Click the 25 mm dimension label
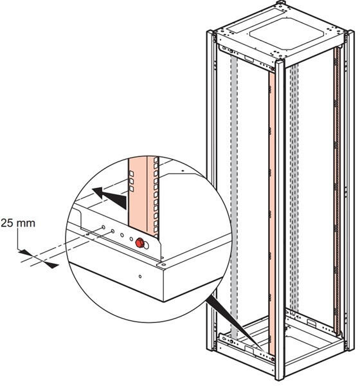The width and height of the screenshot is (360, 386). tap(18, 223)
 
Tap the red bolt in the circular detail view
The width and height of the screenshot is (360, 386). tap(139, 243)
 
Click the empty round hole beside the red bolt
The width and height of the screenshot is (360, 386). tap(147, 245)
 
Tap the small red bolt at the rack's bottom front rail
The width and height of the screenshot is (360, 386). tap(273, 359)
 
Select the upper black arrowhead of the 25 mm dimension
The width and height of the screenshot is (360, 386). tap(25, 252)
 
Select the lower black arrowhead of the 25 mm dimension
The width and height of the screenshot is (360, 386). tap(51, 265)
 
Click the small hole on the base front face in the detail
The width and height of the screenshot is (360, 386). tap(140, 277)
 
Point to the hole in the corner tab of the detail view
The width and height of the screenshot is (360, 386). tap(163, 264)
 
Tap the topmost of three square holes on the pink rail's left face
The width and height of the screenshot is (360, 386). tap(131, 174)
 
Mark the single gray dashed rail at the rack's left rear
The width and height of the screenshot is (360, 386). tap(234, 197)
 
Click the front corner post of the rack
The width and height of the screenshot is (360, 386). tap(280, 219)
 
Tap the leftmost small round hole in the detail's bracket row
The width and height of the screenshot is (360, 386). tap(104, 226)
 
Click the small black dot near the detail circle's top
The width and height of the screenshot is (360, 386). tap(183, 170)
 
